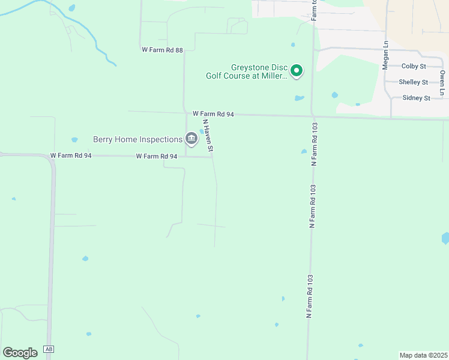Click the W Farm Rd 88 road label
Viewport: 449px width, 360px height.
pos(162,50)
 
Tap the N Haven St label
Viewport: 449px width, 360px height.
pos(209,135)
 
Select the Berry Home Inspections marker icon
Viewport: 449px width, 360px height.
pos(191,139)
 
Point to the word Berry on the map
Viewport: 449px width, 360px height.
pos(103,139)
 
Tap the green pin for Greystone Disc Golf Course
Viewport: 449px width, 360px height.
pos(297,71)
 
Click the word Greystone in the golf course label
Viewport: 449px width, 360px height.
pos(250,67)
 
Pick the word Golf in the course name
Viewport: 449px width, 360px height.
pos(215,76)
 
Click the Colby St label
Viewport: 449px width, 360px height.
pos(414,66)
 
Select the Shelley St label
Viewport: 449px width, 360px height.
pos(414,82)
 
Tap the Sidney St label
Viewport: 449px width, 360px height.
pos(416,98)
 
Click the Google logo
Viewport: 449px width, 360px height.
pos(20,352)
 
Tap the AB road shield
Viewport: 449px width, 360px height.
pos(49,350)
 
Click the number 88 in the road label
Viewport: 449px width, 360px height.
pos(178,50)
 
